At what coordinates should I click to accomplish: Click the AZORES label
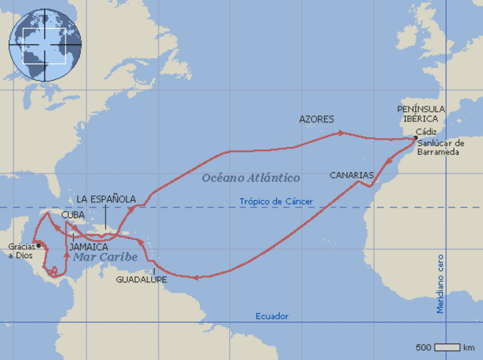316,119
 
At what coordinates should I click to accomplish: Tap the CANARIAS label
352,175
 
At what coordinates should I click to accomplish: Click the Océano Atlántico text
251,177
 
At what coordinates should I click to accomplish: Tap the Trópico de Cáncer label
275,202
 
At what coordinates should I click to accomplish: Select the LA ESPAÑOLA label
106,199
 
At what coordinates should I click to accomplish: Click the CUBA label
72,214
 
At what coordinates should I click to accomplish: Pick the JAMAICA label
88,247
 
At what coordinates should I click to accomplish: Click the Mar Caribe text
106,257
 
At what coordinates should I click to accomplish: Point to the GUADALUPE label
141,279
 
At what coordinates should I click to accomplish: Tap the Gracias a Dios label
21,251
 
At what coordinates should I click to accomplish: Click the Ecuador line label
272,316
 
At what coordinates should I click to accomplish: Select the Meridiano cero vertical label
440,284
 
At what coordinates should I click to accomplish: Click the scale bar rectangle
447,347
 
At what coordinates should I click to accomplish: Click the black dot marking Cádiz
415,138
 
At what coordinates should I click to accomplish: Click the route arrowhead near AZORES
342,133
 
